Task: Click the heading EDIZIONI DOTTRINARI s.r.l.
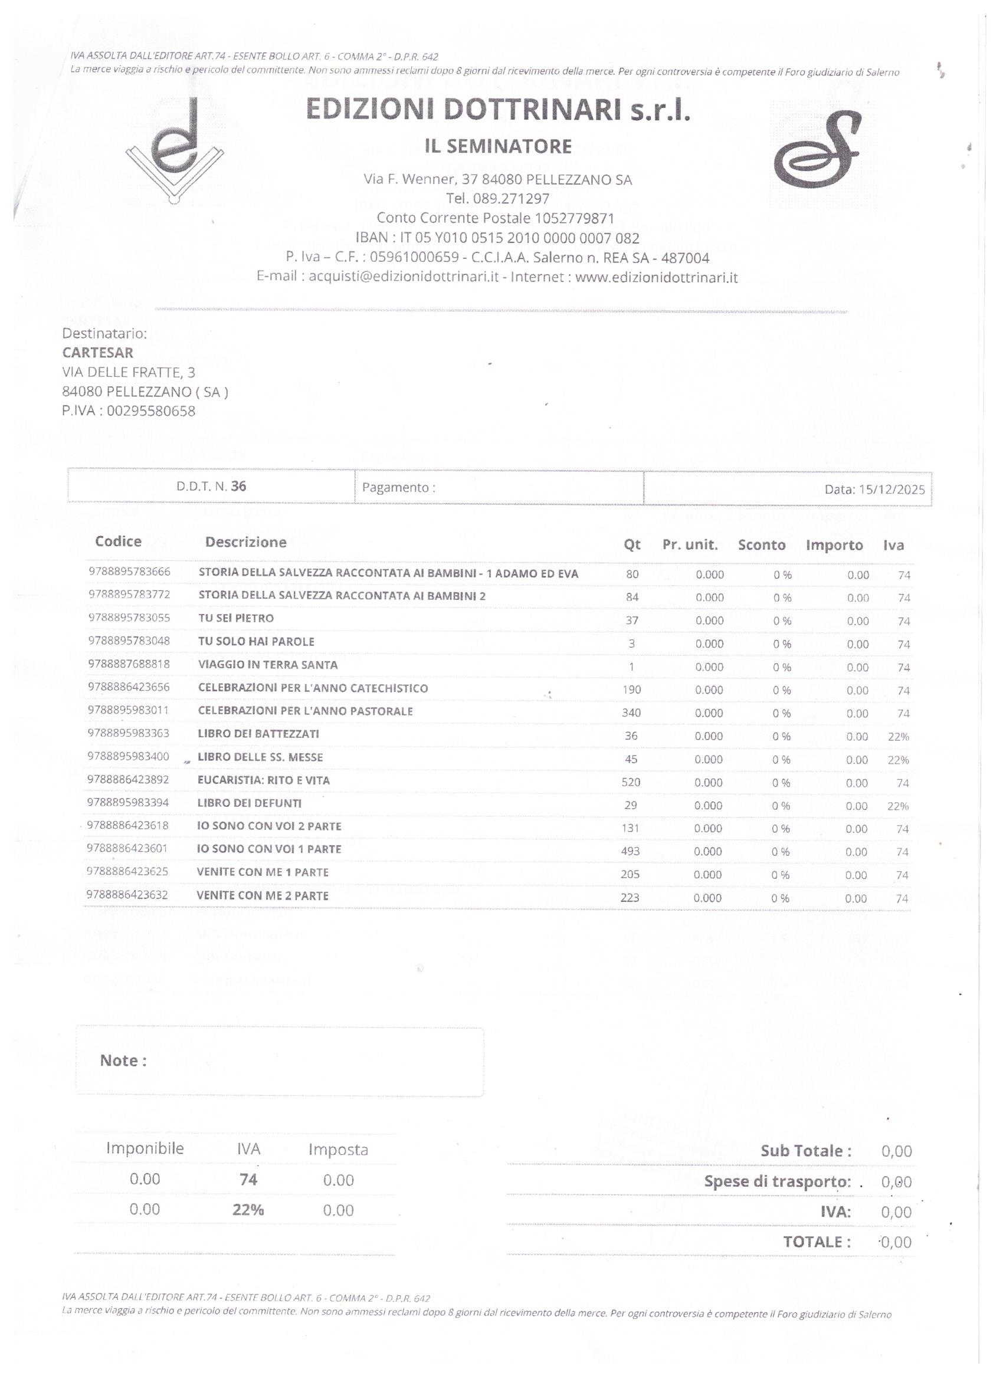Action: pos(498,110)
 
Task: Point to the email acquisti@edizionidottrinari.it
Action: pos(404,277)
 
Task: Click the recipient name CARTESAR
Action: pos(97,353)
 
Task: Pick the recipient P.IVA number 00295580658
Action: pos(151,411)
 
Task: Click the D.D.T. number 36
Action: pos(238,487)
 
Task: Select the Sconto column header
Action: pos(762,545)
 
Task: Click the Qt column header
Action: pos(632,545)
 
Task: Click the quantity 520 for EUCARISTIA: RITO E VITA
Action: pos(631,782)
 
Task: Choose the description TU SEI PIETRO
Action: pos(236,618)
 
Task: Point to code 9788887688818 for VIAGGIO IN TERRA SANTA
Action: pos(129,664)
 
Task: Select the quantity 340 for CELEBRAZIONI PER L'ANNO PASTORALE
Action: pos(631,713)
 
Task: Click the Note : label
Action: pos(123,1061)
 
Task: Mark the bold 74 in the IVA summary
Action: pos(248,1180)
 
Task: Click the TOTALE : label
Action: pos(817,1242)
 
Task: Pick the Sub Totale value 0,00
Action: pos(897,1151)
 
